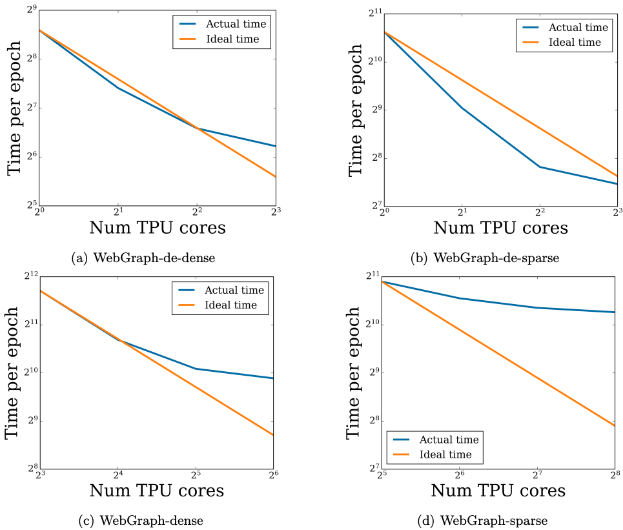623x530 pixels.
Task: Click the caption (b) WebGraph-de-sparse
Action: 485,258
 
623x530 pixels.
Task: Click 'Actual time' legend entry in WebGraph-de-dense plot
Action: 236,24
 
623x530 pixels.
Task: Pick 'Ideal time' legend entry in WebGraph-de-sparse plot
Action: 575,43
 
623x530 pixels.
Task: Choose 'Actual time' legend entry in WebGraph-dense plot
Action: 234,290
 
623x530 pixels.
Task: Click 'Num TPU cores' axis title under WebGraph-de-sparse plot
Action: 500,228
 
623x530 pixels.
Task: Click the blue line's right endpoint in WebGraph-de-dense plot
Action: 276,146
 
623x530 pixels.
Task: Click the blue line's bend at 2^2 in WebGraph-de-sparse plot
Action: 540,167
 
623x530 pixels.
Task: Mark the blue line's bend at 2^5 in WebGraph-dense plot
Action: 195,369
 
